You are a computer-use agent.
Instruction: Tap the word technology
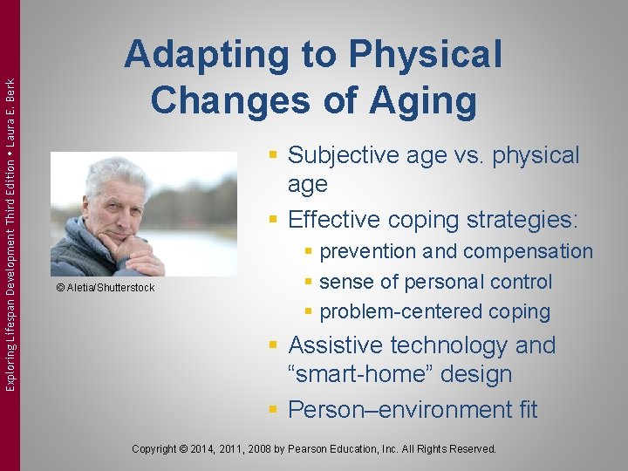click(457, 345)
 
